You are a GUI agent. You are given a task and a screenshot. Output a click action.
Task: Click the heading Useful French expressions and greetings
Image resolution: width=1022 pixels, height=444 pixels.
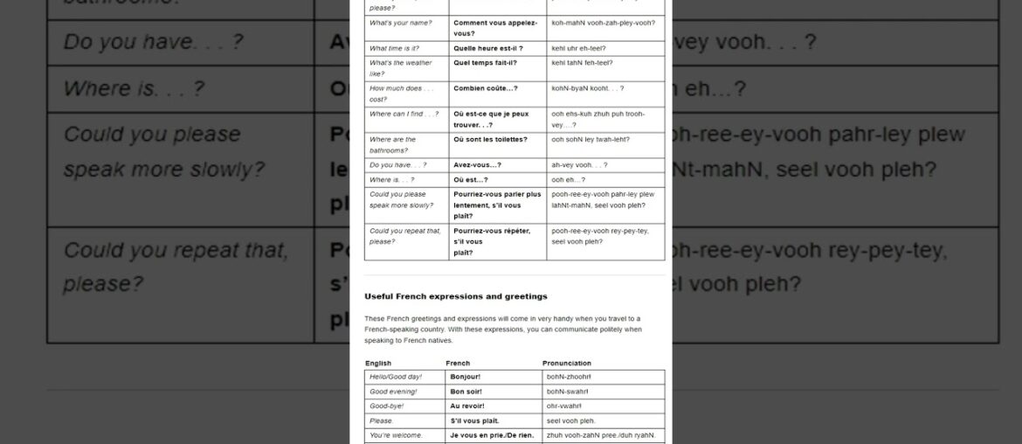coord(456,296)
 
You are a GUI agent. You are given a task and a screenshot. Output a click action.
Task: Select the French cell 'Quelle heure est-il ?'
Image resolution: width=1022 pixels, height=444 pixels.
coord(488,47)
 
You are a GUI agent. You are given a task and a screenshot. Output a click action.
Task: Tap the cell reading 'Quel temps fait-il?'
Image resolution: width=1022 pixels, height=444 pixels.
coord(485,63)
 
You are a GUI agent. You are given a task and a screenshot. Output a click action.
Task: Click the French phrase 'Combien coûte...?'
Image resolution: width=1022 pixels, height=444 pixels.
coord(486,88)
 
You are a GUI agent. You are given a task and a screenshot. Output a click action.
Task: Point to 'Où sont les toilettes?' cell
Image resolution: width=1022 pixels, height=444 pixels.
coord(490,139)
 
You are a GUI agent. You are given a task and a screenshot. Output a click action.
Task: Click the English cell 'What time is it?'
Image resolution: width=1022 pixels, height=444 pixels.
coord(395,47)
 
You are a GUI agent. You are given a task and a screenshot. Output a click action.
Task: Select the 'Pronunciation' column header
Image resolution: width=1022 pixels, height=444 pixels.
coord(567,363)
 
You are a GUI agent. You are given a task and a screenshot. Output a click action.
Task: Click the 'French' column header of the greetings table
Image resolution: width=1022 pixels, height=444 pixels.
coord(458,363)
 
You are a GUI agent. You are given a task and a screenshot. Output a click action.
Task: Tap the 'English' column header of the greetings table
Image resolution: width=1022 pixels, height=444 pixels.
coord(378,363)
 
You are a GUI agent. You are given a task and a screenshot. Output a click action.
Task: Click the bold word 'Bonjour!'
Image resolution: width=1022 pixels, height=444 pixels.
coord(466,377)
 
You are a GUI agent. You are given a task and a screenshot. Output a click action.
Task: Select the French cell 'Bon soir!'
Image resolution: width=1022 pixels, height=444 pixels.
coord(467,392)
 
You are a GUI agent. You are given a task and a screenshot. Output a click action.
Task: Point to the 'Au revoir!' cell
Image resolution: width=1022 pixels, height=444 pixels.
coord(467,406)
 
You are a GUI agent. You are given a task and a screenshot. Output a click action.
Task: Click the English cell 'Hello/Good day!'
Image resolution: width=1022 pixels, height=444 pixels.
coord(396,377)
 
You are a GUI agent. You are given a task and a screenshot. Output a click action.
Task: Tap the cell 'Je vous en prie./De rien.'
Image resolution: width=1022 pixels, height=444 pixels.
coord(491,435)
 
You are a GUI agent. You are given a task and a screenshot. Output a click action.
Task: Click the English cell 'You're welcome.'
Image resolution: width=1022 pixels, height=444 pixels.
coord(396,435)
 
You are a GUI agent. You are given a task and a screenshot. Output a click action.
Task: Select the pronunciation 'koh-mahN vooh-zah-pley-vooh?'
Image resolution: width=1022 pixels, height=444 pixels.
coord(604,22)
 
